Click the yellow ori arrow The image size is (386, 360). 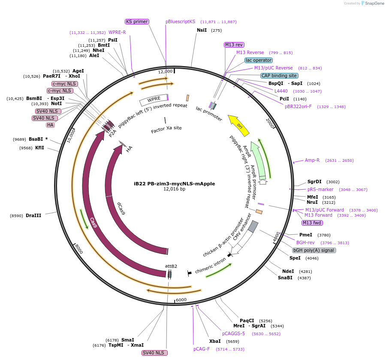pos(239,125)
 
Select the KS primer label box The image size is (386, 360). pos(137,21)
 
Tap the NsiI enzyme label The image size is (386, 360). pos(202,30)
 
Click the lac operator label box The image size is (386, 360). pos(259,60)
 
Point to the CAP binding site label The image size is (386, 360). pos(279,76)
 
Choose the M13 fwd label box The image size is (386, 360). pos(312,223)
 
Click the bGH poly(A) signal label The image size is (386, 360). pos(314,250)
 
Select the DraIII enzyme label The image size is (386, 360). pos(33,215)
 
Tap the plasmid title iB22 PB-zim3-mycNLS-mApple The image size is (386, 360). pos(174,184)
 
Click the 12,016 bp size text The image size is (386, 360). pos(174,189)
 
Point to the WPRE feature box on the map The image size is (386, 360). pos(153,100)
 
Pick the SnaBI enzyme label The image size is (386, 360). pos(285,278)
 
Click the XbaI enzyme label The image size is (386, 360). pos(215,341)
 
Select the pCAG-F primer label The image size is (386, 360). pos(202,349)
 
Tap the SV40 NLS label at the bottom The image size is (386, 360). pos(154,353)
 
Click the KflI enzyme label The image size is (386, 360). pos(39,148)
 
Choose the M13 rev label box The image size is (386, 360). pos(234,45)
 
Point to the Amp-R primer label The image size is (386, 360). pos(312,160)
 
